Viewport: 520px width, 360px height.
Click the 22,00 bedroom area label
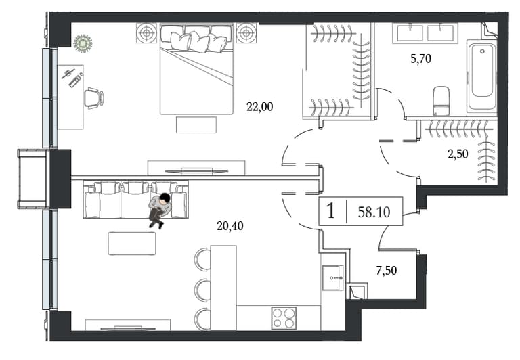[x=260, y=107]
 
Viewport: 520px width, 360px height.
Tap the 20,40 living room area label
[x=230, y=226]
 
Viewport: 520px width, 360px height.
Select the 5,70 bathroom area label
[x=421, y=59]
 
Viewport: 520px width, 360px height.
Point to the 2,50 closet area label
[x=458, y=154]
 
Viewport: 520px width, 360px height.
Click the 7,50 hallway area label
[x=387, y=271]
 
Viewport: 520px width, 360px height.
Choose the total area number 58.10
[x=374, y=212]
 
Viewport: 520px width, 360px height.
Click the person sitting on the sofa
[x=160, y=211]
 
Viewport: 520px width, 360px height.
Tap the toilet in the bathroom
[x=441, y=101]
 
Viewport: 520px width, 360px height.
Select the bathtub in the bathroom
[x=481, y=76]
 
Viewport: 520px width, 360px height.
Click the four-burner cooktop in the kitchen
[x=284, y=317]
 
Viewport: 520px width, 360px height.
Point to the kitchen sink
[x=333, y=278]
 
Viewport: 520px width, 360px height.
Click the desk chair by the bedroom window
[x=94, y=97]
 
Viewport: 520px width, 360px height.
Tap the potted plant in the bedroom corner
[x=83, y=43]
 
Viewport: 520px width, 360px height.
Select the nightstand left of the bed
[x=146, y=32]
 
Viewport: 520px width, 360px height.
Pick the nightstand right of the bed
[x=246, y=32]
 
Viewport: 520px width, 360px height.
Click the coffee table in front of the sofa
[x=132, y=244]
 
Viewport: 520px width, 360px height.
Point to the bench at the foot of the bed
[x=196, y=125]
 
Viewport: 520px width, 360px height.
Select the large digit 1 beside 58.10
[x=330, y=211]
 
